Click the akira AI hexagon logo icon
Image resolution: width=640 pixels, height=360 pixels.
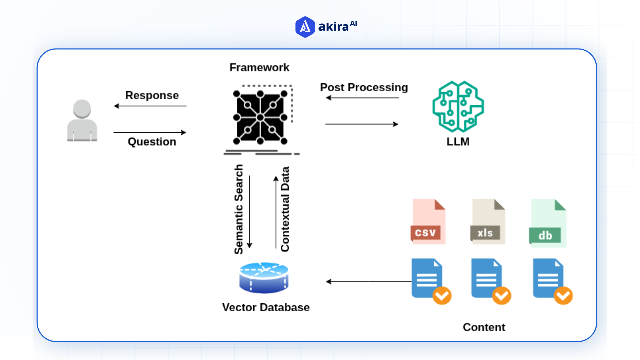coord(305,27)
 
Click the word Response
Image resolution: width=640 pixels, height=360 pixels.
coord(152,95)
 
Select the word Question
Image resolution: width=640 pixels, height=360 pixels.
coord(152,142)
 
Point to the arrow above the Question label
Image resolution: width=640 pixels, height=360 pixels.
coord(150,132)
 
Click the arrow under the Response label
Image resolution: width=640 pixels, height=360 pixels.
coord(150,106)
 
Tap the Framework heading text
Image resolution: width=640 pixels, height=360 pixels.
coord(259,68)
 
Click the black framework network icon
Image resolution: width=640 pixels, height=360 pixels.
coord(260,117)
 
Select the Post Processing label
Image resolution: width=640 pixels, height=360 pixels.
coord(364,87)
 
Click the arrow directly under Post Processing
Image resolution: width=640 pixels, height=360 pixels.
coord(362,98)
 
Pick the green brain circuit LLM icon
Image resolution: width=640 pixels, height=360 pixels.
coord(458,107)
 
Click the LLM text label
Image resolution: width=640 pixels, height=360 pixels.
coord(458,142)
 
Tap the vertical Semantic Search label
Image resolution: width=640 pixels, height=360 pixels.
coord(239,209)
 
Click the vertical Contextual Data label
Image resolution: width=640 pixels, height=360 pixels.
coord(285,209)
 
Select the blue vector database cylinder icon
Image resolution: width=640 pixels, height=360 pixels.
coord(264,278)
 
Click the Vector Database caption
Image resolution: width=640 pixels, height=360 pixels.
coord(266,307)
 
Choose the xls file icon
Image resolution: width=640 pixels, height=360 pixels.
coord(488,222)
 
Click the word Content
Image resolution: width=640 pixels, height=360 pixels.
coord(484,327)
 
